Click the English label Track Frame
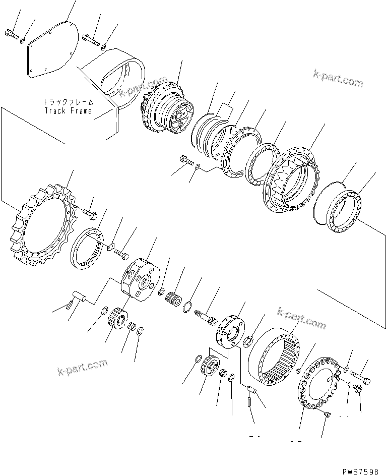point(68,111)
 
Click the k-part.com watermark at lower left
point(82,367)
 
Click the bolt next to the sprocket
point(91,215)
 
